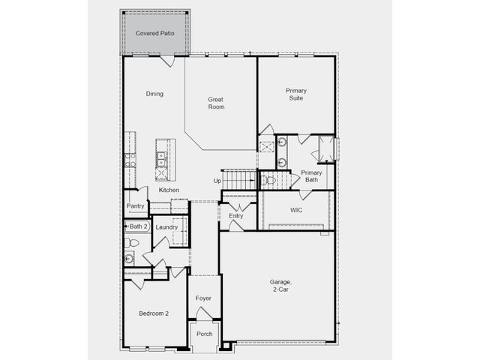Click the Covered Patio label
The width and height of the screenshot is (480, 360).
tap(155, 33)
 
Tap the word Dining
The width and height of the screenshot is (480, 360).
tap(154, 94)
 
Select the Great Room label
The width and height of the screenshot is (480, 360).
tap(216, 103)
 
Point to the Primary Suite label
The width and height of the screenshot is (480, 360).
tap(296, 94)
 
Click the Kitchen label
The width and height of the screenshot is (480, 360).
tap(169, 190)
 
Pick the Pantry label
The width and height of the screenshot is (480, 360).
tap(135, 206)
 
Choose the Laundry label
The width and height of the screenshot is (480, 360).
tap(166, 227)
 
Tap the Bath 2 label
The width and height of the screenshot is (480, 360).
tap(138, 226)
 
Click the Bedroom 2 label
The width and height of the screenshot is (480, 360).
tap(154, 313)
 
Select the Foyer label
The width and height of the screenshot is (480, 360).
tap(203, 298)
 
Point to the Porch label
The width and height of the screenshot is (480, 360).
tap(205, 334)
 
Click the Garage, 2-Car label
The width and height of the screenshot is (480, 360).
tap(280, 285)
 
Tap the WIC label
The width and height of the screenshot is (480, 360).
tap(296, 210)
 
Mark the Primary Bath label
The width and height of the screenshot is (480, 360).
tap(312, 176)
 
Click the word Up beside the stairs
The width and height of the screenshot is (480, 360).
tap(217, 181)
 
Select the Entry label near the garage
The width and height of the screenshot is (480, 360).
tap(236, 216)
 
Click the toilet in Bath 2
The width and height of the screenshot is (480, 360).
tap(131, 243)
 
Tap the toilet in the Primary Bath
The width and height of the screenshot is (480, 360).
tap(268, 180)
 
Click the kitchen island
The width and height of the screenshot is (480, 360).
tap(165, 160)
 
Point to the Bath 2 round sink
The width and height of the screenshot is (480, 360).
tap(129, 259)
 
